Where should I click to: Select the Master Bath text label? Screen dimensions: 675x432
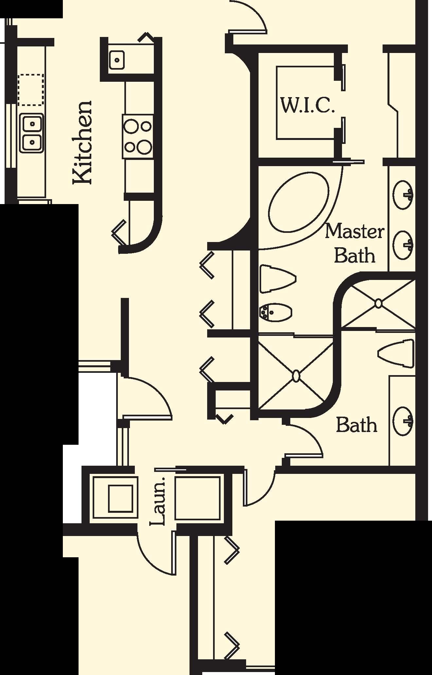click(x=354, y=243)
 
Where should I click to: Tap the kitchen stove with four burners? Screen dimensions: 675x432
click(x=138, y=136)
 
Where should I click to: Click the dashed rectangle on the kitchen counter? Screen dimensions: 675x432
click(x=31, y=90)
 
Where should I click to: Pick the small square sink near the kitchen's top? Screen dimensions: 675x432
click(x=117, y=60)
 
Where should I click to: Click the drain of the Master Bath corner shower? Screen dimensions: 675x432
click(x=378, y=303)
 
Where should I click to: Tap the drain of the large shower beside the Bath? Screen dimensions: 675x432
click(x=296, y=376)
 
